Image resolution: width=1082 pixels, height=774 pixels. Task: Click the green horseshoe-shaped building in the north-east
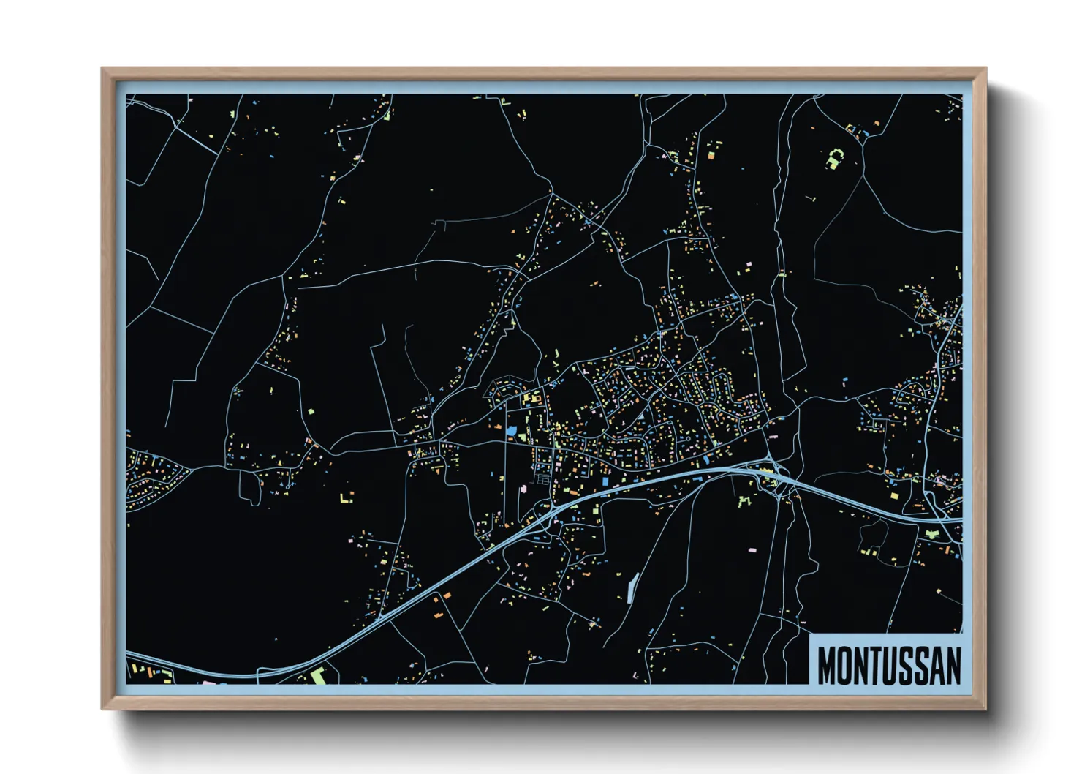click(835, 158)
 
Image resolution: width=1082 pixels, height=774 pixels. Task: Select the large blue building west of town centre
click(511, 432)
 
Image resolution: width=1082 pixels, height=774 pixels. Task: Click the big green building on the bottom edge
click(318, 675)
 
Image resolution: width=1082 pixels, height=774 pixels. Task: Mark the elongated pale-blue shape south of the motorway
click(632, 587)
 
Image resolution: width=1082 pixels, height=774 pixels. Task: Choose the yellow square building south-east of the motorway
click(894, 497)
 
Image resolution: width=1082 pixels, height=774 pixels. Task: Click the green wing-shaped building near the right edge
click(931, 534)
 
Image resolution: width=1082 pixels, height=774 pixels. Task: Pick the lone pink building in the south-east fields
click(754, 546)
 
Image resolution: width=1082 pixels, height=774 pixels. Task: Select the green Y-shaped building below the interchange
click(744, 501)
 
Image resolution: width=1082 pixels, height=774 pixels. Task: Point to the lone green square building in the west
click(310, 411)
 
